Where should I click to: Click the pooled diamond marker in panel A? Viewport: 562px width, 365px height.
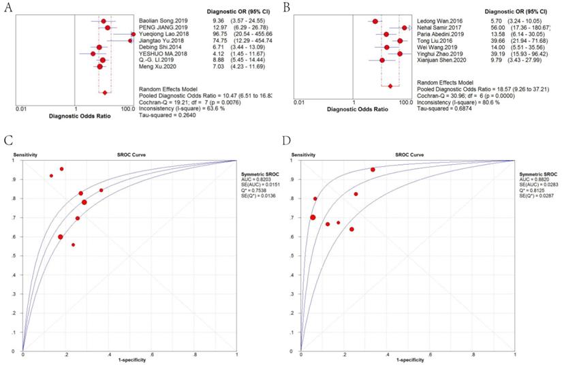104,93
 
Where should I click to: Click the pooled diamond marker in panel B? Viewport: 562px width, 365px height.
390,86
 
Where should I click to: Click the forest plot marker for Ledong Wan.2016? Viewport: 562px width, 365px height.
375,21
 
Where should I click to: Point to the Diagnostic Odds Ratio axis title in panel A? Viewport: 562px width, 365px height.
76,114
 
